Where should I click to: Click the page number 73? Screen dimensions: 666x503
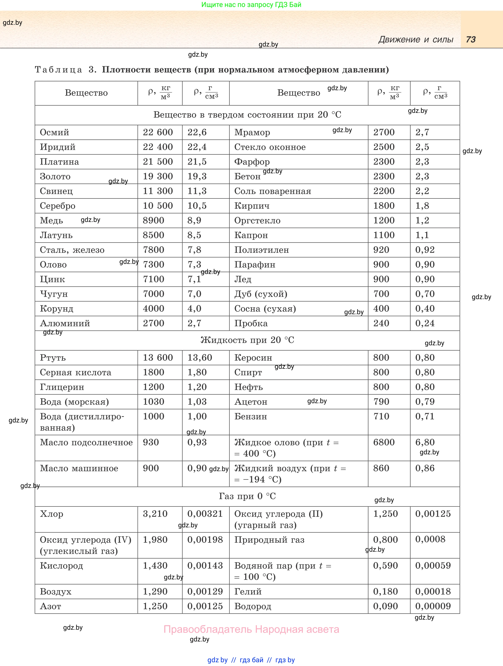470,39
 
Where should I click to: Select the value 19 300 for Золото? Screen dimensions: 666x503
158,176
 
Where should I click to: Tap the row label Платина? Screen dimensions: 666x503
59,162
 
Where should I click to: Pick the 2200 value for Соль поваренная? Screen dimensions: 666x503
384,191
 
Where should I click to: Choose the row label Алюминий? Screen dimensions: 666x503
65,323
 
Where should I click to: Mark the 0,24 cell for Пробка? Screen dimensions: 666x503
425,323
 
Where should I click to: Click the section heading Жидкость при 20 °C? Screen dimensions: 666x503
247,340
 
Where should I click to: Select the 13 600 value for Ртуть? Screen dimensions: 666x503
158,358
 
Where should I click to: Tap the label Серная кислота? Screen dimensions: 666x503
76,373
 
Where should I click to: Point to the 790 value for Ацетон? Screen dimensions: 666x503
381,402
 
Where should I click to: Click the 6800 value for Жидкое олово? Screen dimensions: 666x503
384,442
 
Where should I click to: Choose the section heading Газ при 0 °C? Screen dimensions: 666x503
247,496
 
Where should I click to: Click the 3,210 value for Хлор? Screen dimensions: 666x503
155,514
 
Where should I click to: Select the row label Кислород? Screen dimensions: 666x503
61,566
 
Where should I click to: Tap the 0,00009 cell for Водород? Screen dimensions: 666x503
433,606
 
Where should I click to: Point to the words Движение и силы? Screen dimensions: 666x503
416,39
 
